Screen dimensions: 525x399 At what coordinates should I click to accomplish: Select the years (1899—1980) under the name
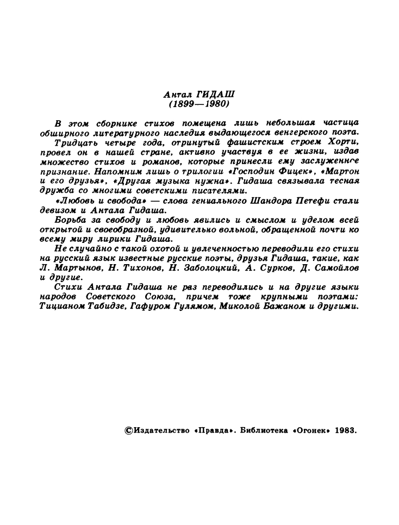tap(199, 103)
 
